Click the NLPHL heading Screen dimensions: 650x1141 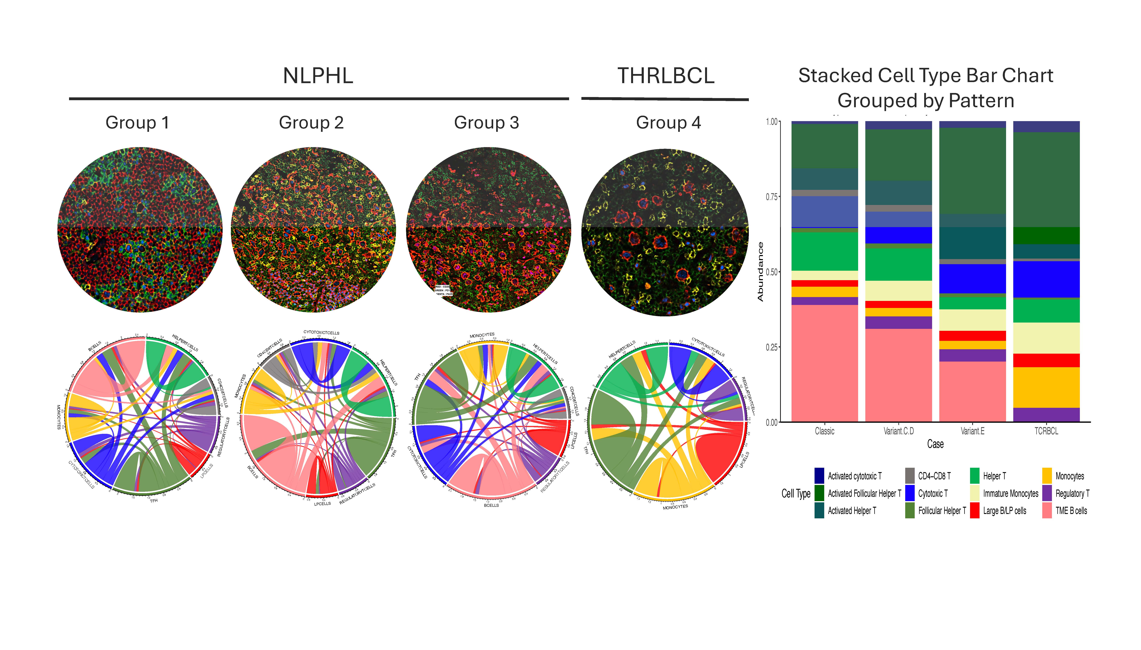coord(318,76)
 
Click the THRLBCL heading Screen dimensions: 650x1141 coord(665,76)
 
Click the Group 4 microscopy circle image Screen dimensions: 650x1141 coord(665,232)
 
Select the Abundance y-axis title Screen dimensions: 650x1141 coord(760,271)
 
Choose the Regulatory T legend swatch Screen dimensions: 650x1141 coord(1047,493)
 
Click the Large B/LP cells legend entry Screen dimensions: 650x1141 coord(1004,511)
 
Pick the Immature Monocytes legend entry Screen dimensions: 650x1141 coord(1010,493)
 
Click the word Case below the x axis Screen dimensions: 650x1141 coord(935,444)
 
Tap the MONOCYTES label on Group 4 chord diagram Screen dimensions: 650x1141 coord(675,507)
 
